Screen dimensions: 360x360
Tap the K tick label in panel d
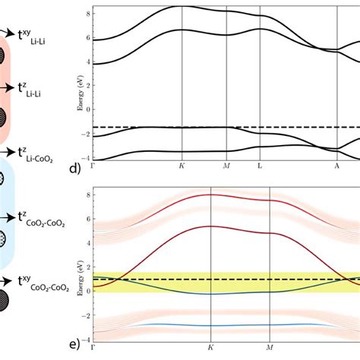182,164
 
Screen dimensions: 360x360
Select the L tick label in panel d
260,164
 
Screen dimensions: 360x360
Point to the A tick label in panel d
337,164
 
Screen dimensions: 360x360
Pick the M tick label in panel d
226,164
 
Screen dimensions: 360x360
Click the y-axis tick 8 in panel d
89,13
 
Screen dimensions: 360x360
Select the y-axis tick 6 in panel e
89,220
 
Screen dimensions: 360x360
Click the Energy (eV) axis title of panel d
80,84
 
